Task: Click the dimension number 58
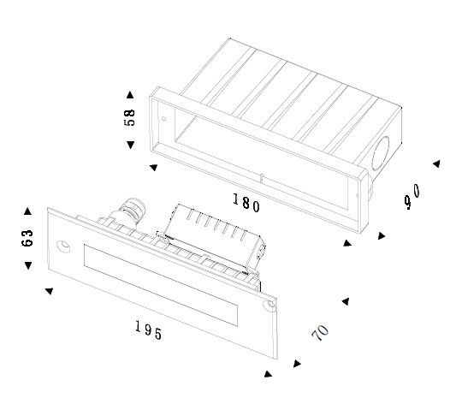coord(129,117)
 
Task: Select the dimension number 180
coord(246,203)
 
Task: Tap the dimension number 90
coord(412,196)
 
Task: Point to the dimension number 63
coord(27,238)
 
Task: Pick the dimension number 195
coord(149,330)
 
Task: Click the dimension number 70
coord(320,333)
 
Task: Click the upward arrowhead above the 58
coord(130,95)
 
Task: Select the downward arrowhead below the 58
coord(131,145)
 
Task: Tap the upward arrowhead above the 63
coord(27,211)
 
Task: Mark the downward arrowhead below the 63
coord(28,265)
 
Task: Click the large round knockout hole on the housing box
coord(381,153)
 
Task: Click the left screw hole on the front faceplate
coord(63,247)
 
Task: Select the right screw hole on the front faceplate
coord(269,306)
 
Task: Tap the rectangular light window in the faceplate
coord(161,285)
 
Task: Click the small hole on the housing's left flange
coord(163,119)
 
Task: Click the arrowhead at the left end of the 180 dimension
coord(153,168)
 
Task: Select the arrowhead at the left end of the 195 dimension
coord(49,291)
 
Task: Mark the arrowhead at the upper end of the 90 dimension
coord(436,163)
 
